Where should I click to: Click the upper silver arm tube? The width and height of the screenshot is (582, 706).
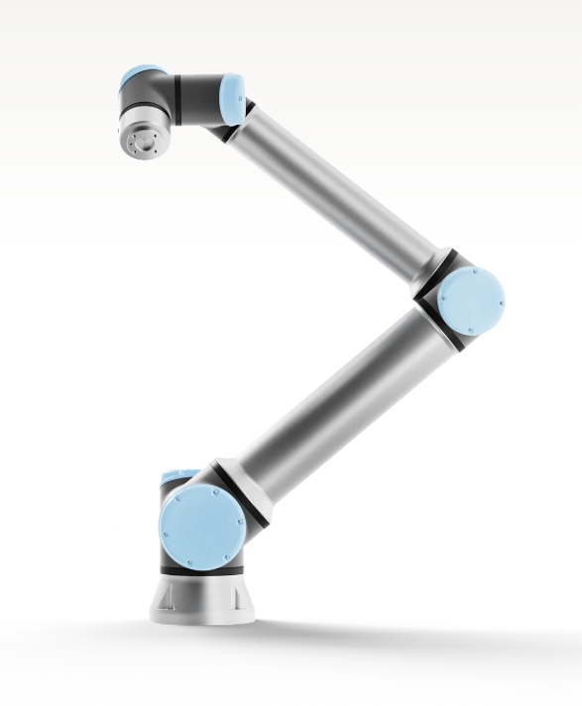click(337, 182)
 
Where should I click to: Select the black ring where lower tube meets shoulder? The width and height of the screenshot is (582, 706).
click(252, 495)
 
